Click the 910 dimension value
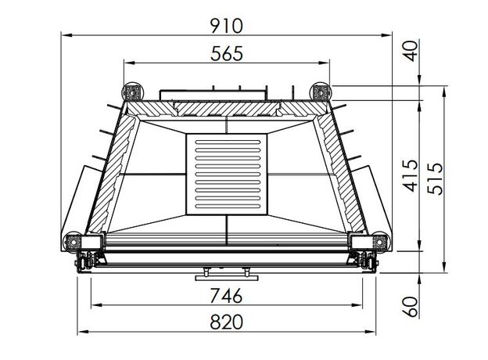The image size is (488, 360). [226, 26]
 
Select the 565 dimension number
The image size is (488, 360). [226, 53]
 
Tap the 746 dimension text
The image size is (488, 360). [226, 296]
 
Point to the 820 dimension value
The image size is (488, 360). [226, 322]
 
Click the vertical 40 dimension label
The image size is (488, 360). [411, 51]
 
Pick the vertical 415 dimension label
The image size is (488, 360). [411, 176]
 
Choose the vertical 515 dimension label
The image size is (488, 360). [435, 178]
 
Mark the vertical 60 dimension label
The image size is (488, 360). [411, 307]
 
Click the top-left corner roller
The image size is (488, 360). [133, 92]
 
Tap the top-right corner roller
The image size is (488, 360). [320, 92]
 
